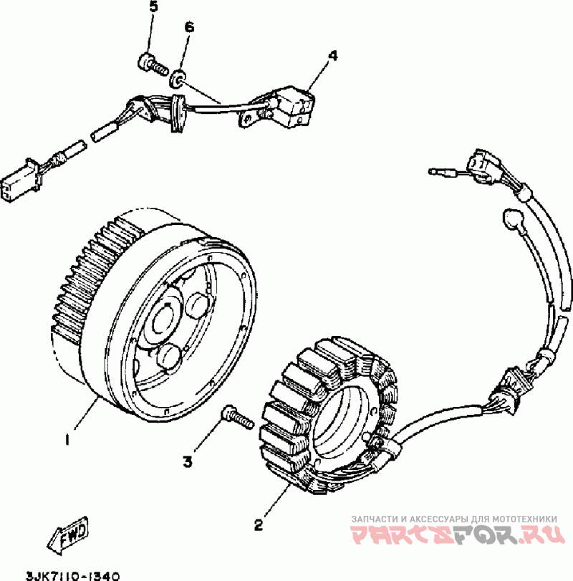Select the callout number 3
pos(187,462)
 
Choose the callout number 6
pos(189,27)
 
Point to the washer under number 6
pos(178,77)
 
